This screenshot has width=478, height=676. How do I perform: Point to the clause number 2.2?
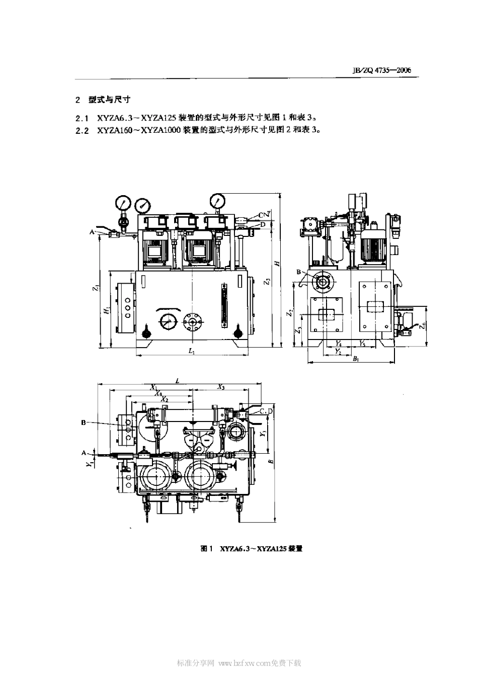click(x=82, y=129)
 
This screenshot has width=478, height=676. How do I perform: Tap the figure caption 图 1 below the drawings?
click(x=207, y=549)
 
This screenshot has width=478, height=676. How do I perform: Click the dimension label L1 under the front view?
click(x=191, y=352)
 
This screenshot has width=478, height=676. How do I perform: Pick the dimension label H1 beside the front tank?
click(x=106, y=310)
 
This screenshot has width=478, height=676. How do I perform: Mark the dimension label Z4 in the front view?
click(x=270, y=213)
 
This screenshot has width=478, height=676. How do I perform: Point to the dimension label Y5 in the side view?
click(x=362, y=343)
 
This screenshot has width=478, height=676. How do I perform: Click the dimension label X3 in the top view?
click(x=221, y=386)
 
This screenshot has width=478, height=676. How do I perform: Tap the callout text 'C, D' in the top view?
click(x=266, y=411)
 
